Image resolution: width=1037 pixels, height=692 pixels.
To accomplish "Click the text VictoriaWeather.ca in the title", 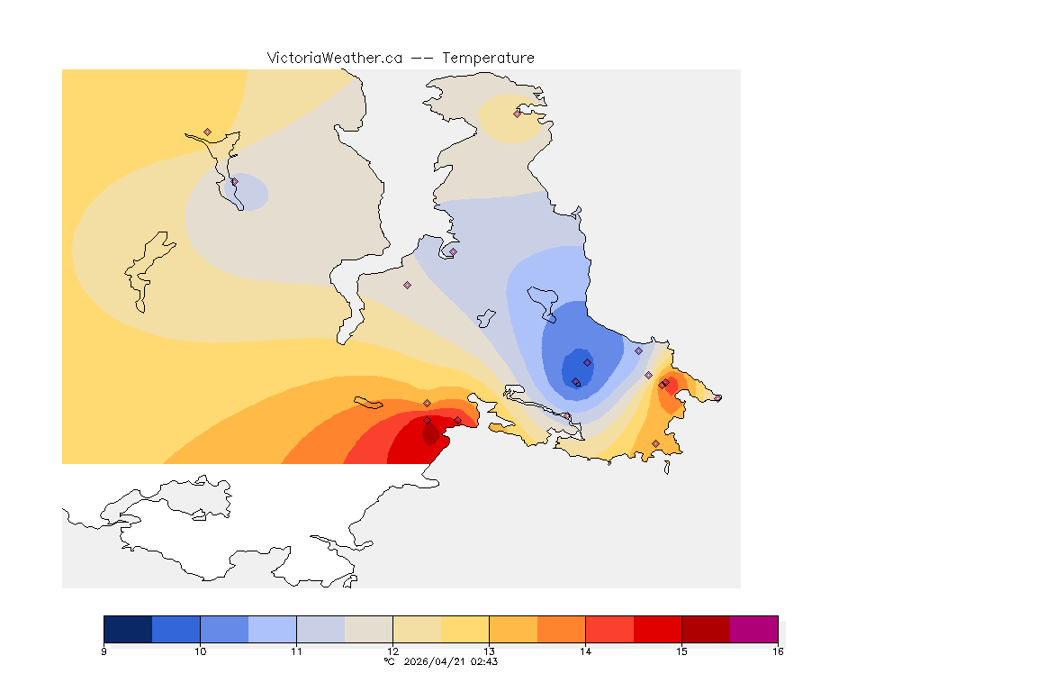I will tap(334, 58).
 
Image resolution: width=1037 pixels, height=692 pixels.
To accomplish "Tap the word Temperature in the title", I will tap(488, 58).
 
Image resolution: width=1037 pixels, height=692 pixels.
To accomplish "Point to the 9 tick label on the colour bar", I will tap(104, 651).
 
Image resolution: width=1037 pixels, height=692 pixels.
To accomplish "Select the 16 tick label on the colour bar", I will tap(777, 651).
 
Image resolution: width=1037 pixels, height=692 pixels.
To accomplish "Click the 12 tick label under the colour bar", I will tap(392, 651).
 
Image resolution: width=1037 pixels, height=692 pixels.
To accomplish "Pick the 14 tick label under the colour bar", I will tap(585, 651).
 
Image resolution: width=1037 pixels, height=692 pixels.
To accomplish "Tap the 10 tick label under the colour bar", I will tap(200, 651).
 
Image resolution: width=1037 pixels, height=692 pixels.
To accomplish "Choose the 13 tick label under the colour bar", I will tap(489, 651).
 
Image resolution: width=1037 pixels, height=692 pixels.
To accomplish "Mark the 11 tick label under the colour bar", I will tap(296, 651).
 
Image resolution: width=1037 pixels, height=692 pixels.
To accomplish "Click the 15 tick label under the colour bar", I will tap(681, 651).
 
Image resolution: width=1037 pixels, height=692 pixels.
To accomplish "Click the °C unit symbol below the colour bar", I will tap(389, 661).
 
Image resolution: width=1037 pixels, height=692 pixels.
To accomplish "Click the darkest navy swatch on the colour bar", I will tap(128, 628).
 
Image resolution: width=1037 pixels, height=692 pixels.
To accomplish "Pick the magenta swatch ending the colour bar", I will tap(753, 628).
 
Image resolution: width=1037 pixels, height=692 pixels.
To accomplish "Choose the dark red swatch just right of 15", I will tap(706, 628).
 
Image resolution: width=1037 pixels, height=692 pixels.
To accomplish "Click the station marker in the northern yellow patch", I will tap(518, 114).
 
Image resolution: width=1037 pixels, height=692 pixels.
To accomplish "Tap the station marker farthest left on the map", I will tap(207, 132).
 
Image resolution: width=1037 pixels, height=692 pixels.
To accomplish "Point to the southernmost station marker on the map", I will tap(655, 443).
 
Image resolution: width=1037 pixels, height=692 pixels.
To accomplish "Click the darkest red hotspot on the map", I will tap(430, 435).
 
